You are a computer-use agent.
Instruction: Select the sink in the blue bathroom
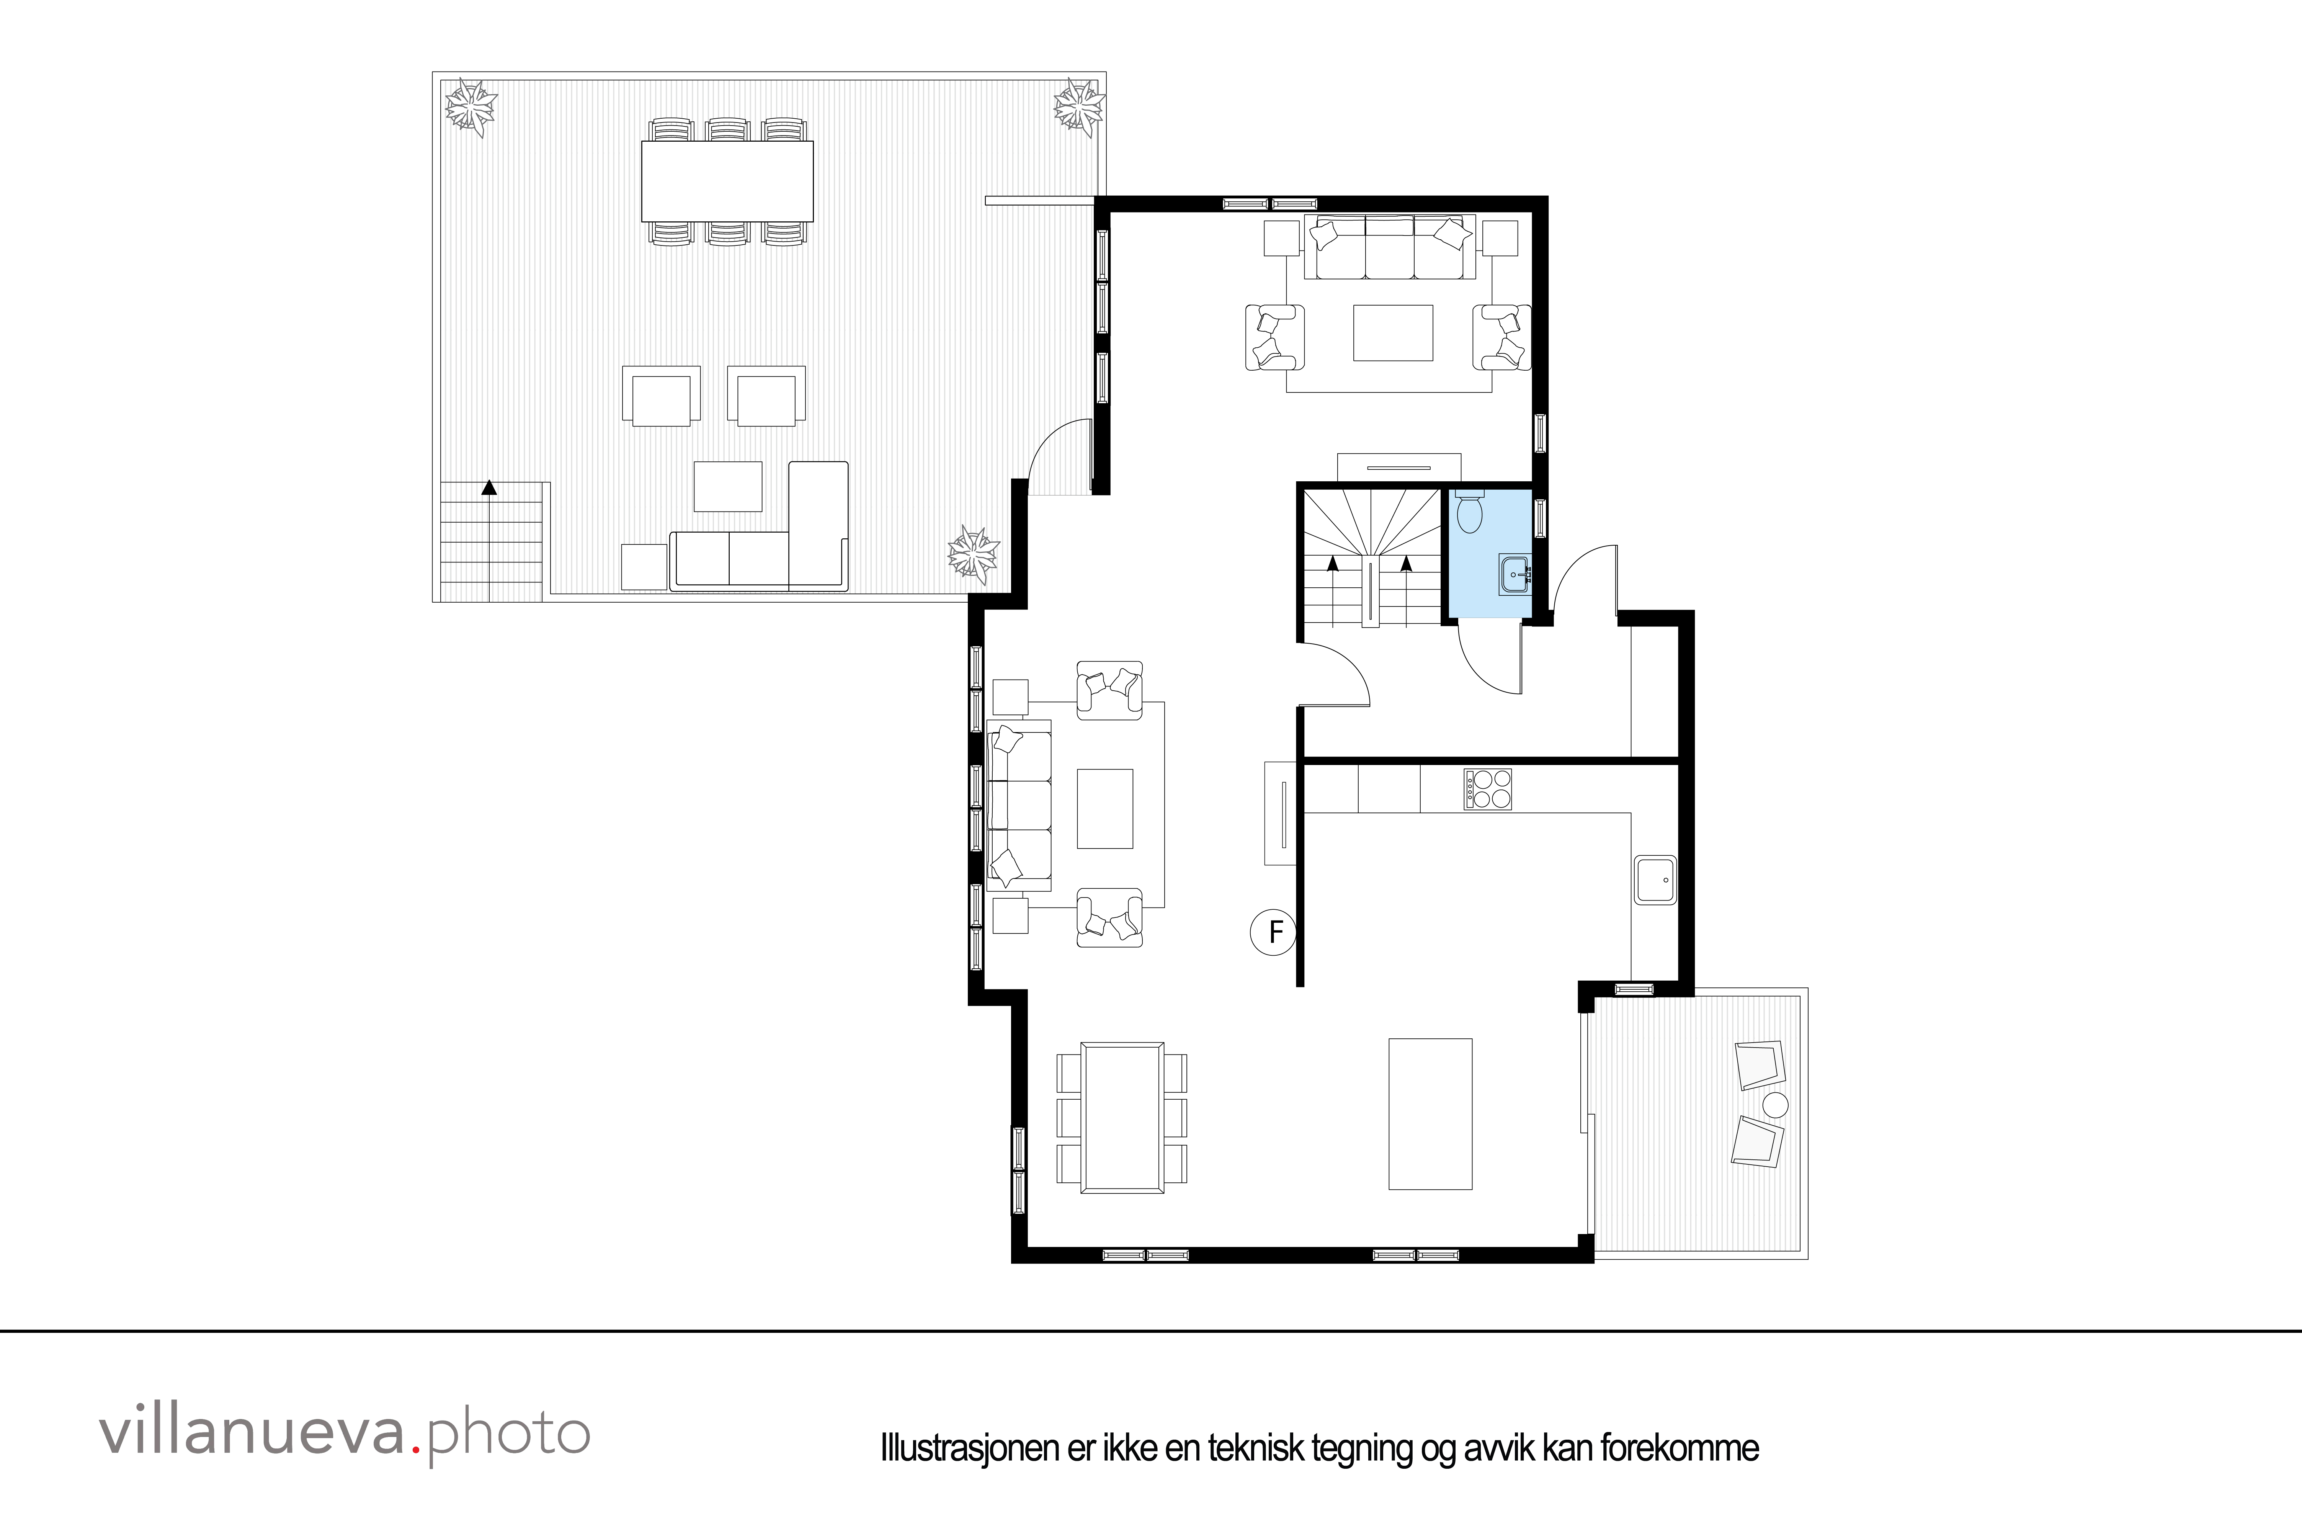(x=1514, y=575)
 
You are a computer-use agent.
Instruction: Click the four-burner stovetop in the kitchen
(x=1488, y=789)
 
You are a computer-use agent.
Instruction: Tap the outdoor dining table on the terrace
(x=727, y=181)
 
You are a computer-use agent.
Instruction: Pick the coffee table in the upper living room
(x=1393, y=333)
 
